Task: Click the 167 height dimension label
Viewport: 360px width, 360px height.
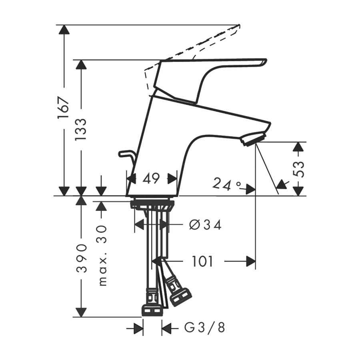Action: (63, 108)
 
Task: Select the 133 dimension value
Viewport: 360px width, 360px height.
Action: (81, 130)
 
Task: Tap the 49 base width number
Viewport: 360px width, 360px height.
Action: (151, 178)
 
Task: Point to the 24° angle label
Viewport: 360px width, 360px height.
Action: (226, 184)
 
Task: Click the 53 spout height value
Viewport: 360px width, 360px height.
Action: (299, 169)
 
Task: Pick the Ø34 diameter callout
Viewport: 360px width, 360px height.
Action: (205, 225)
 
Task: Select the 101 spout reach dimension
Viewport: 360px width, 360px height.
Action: (202, 261)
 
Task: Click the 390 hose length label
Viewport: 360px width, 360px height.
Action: (82, 258)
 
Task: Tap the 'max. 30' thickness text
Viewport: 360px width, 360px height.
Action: (103, 256)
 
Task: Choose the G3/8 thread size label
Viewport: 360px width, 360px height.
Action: (204, 328)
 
